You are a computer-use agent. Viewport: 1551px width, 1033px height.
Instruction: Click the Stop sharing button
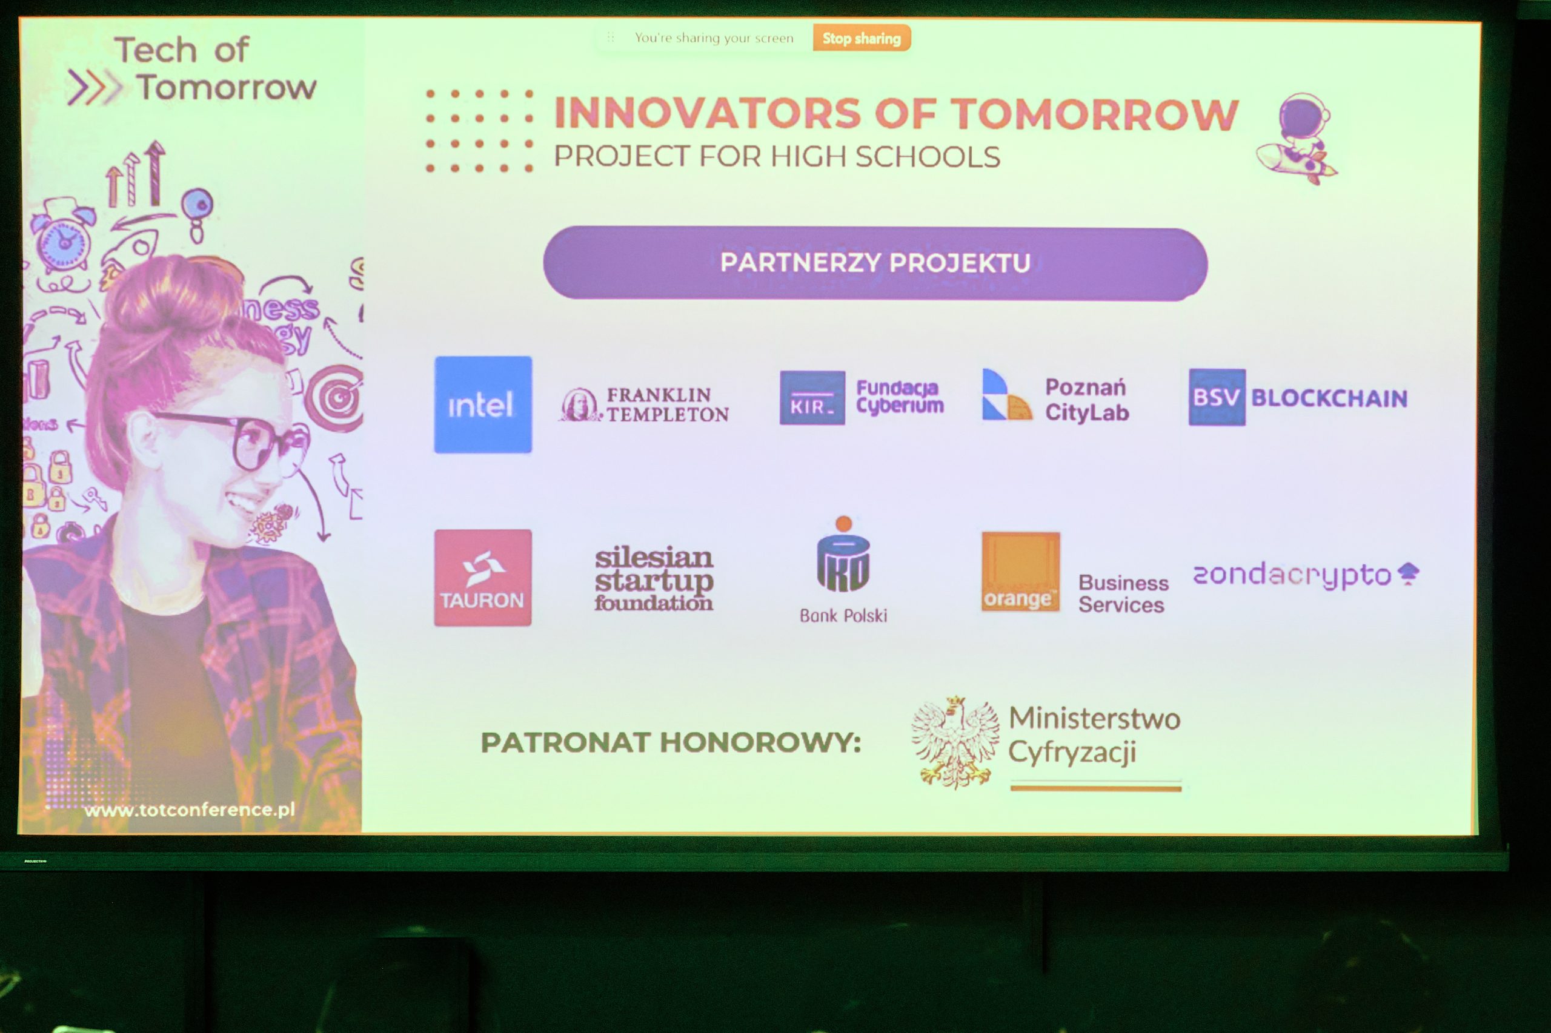[862, 38]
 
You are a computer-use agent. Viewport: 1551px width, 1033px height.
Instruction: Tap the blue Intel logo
[482, 404]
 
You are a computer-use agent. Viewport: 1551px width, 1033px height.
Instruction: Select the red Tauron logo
[482, 578]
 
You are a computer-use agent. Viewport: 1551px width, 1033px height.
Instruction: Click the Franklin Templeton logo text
[668, 404]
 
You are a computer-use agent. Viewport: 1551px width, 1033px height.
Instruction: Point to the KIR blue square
[812, 398]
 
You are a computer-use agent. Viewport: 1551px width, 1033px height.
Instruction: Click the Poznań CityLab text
[1087, 400]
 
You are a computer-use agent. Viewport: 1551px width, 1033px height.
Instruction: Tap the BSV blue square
[1217, 397]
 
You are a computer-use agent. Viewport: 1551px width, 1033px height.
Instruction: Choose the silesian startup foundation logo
[654, 578]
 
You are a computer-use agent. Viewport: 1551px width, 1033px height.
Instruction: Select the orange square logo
[1020, 572]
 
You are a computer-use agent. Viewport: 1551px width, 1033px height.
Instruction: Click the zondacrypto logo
[1306, 575]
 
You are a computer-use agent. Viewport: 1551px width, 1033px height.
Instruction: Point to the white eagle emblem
[954, 742]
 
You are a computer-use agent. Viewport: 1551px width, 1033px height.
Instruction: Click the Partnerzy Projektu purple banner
[875, 263]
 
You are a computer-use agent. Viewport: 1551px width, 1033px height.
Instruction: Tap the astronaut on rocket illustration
[1297, 138]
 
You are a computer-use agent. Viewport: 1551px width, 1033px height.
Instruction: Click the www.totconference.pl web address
[190, 810]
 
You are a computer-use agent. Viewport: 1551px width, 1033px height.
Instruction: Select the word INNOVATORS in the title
[708, 113]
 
